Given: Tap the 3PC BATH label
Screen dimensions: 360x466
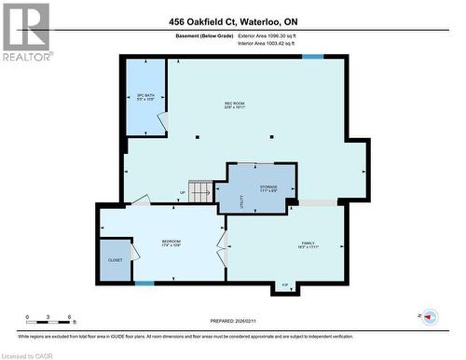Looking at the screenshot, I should (x=144, y=96).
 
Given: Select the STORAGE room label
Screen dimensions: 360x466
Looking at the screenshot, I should (x=268, y=188).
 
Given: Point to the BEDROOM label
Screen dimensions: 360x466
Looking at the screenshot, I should (x=171, y=244).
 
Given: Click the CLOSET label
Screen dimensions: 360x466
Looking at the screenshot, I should (x=116, y=260).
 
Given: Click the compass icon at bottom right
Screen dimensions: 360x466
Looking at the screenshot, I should (x=430, y=317).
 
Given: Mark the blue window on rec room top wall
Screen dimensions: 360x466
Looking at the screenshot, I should (x=313, y=57).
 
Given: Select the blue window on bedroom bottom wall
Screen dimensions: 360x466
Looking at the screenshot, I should (x=144, y=283).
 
